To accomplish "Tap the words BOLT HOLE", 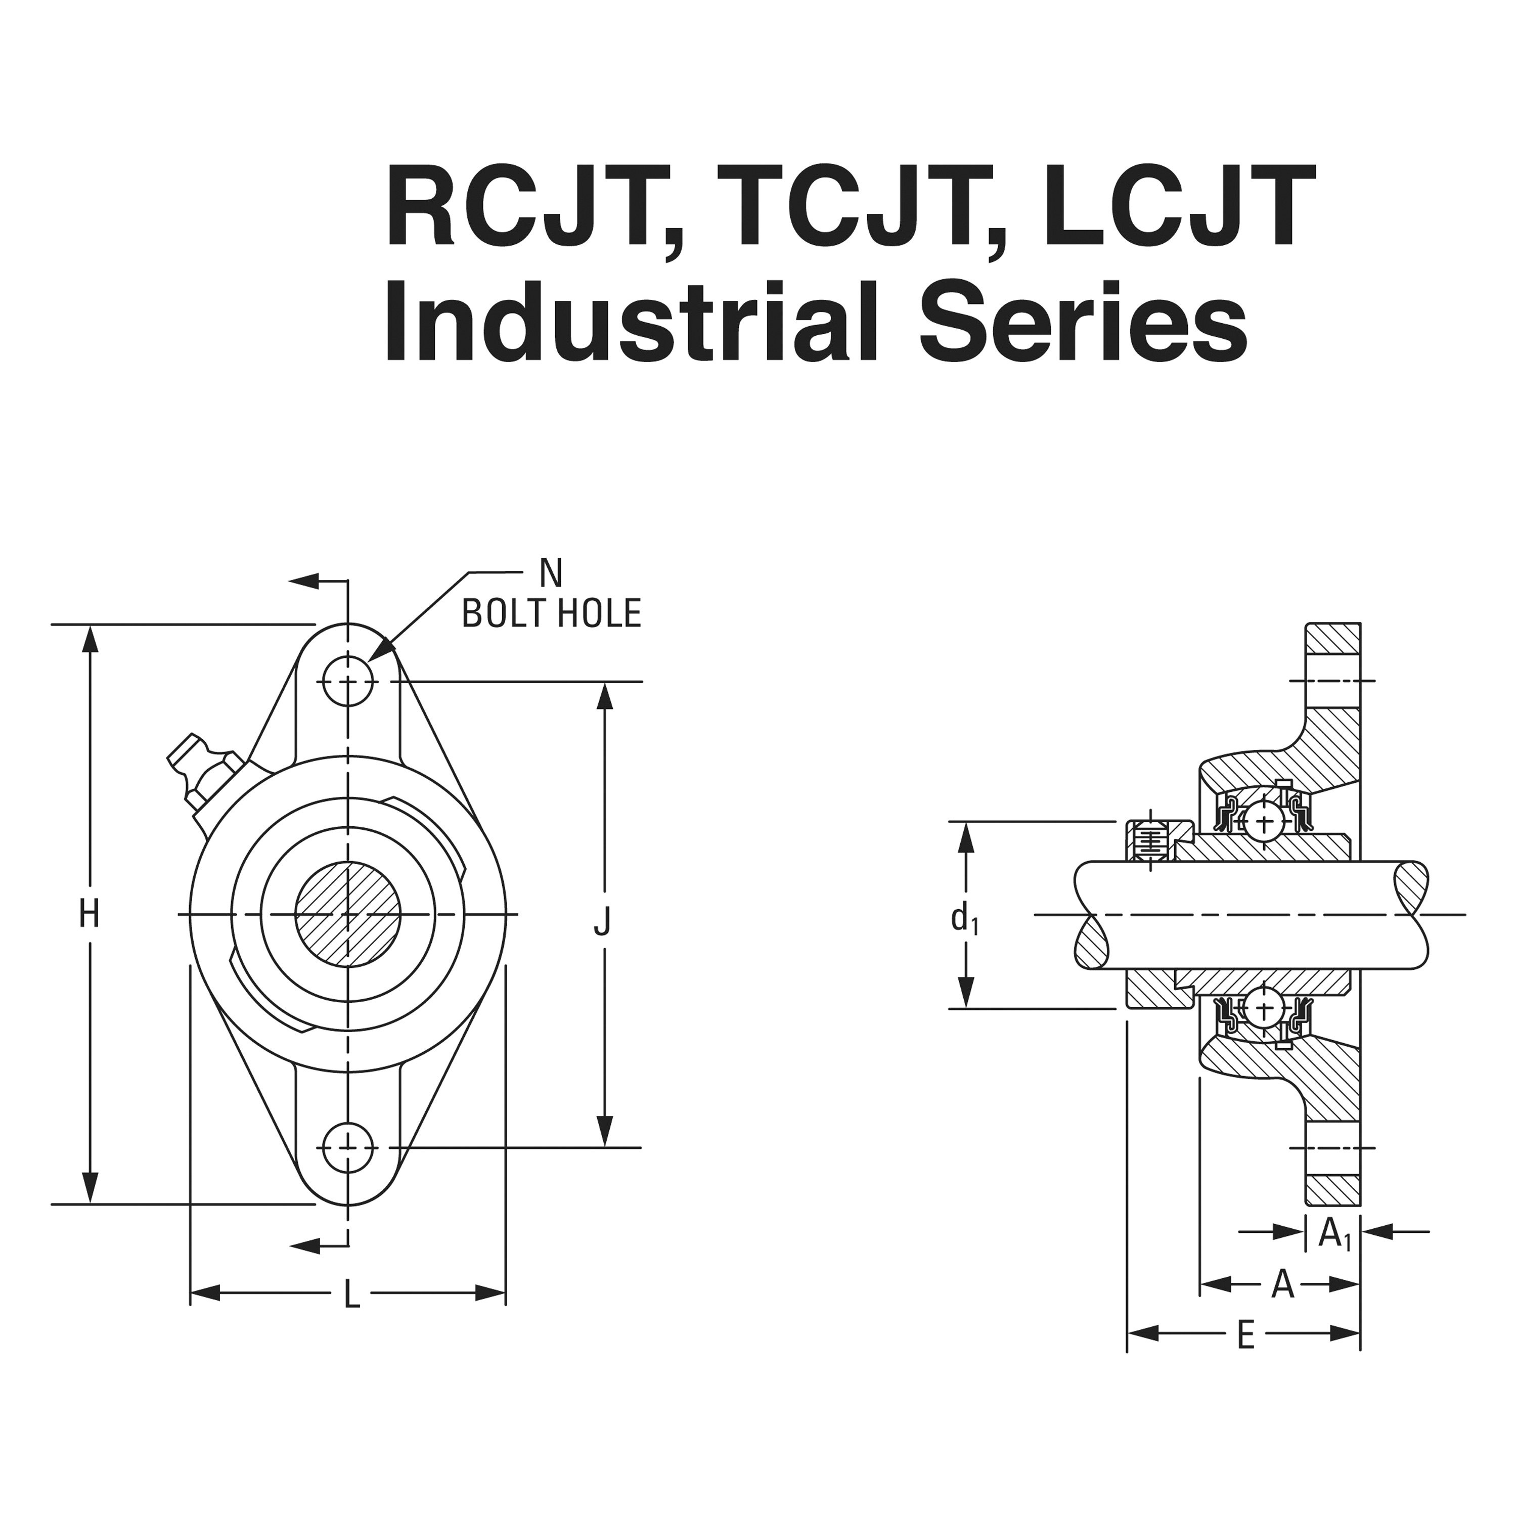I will tap(551, 614).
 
